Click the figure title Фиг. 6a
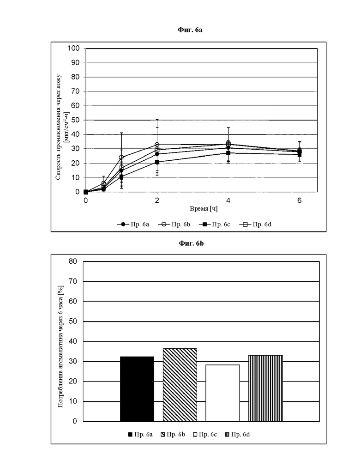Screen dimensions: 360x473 (190, 30)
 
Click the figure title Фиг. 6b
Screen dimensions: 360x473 (191, 243)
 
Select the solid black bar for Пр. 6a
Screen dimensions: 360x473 (137, 389)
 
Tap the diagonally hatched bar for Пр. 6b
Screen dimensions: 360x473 (180, 385)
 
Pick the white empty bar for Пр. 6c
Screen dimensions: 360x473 (222, 393)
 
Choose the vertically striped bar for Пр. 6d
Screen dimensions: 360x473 (266, 388)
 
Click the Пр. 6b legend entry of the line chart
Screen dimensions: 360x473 (174, 224)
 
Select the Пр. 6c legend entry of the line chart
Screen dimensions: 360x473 (214, 224)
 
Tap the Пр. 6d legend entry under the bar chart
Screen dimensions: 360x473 (238, 434)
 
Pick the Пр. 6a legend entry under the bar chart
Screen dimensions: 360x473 (140, 434)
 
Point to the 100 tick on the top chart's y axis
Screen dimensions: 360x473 (73, 48)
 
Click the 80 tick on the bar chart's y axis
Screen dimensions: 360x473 (73, 261)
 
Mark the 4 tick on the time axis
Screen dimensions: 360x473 (228, 200)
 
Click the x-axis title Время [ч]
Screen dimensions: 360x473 (204, 208)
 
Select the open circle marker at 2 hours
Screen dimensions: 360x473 (157, 145)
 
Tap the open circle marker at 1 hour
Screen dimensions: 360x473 (121, 157)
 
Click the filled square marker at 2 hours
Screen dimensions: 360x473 (157, 162)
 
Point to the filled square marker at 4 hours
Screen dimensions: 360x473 (228, 153)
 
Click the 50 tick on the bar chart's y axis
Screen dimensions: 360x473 (73, 321)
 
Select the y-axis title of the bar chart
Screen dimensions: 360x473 (60, 346)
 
